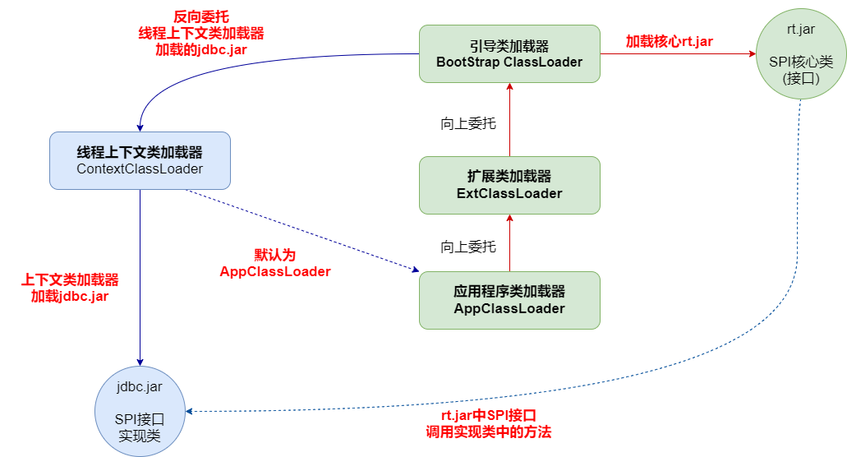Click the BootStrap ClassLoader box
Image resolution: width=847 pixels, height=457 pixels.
(x=509, y=53)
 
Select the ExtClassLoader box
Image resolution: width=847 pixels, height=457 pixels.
(x=509, y=185)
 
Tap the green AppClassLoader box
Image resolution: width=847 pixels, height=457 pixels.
(x=509, y=300)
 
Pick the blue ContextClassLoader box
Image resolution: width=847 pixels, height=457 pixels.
(x=140, y=160)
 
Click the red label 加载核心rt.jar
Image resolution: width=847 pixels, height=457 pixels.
(x=669, y=41)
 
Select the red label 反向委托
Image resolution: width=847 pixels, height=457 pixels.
(x=200, y=17)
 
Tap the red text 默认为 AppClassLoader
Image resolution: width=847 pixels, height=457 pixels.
(x=274, y=263)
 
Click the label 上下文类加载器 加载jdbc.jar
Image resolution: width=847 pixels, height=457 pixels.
(x=70, y=288)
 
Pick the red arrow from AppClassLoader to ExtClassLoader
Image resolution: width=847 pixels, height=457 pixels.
(x=509, y=242)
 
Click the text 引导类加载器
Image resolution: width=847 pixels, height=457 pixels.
(x=509, y=46)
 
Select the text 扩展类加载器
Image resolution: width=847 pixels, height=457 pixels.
(x=509, y=177)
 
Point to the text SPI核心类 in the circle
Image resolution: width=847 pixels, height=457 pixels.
(x=801, y=62)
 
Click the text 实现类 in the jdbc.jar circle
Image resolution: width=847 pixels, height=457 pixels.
(x=140, y=435)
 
